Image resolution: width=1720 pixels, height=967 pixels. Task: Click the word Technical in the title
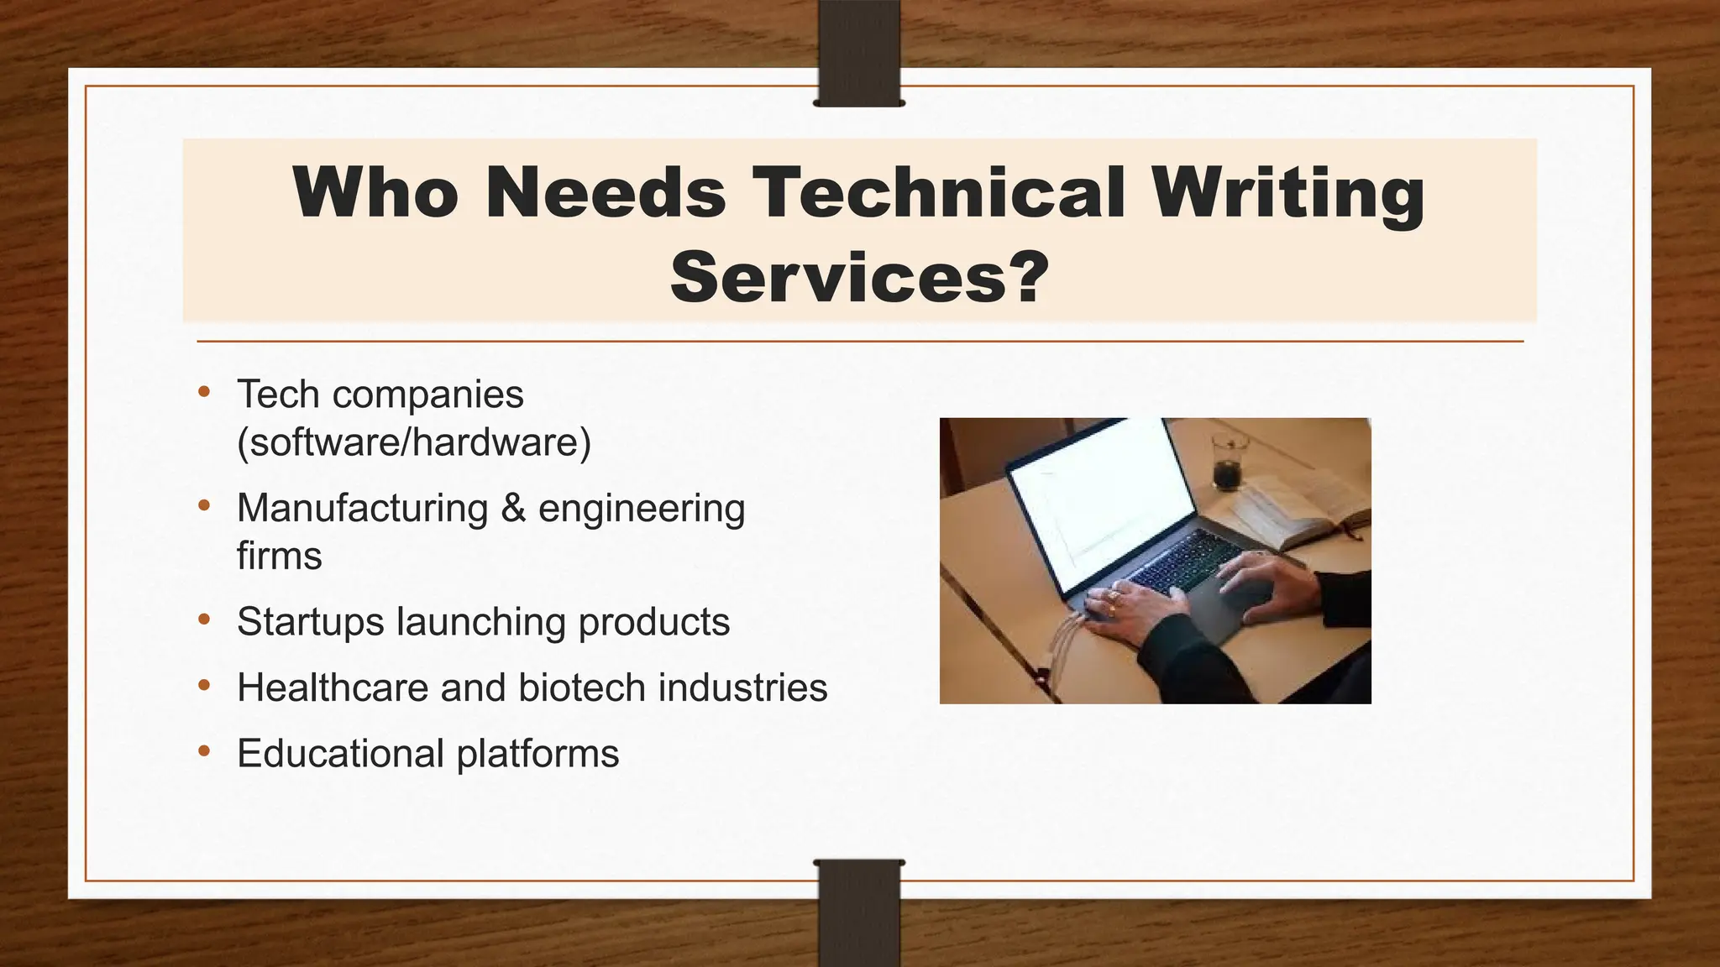(x=939, y=192)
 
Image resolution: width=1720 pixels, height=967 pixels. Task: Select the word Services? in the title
(x=860, y=278)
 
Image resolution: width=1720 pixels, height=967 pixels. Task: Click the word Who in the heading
(x=375, y=192)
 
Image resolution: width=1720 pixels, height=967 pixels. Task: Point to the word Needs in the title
(x=605, y=192)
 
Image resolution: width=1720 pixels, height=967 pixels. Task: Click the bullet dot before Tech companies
(x=204, y=391)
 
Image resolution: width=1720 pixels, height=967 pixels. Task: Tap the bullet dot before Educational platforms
(x=204, y=750)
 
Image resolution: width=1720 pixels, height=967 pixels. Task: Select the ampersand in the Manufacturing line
(x=513, y=508)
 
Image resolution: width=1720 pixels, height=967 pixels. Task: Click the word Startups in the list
(x=311, y=622)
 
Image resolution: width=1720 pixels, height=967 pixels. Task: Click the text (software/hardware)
(x=414, y=442)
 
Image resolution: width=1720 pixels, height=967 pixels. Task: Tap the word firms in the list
(x=279, y=556)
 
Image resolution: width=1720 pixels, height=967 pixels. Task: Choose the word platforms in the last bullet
(x=537, y=754)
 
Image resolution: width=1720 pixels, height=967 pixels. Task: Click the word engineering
(x=642, y=510)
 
